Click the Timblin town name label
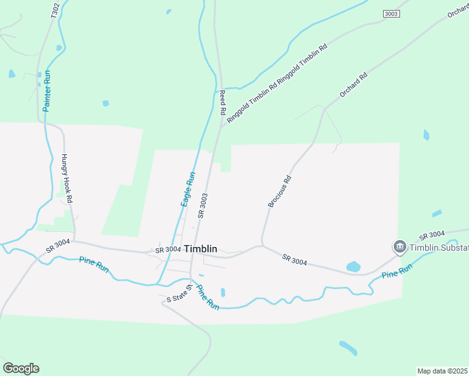pyautogui.click(x=200, y=249)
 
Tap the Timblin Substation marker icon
pyautogui.click(x=399, y=248)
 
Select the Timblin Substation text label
pyautogui.click(x=439, y=248)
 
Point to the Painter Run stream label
pyautogui.click(x=47, y=91)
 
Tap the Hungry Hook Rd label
pyautogui.click(x=67, y=179)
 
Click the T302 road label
pyautogui.click(x=55, y=10)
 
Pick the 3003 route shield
pyautogui.click(x=391, y=13)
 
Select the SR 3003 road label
pyautogui.click(x=202, y=205)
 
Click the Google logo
pyautogui.click(x=21, y=368)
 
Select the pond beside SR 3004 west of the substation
pyautogui.click(x=353, y=266)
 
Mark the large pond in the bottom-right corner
pyautogui.click(x=348, y=348)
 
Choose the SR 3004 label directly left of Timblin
pyautogui.click(x=168, y=251)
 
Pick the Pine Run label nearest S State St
pyautogui.click(x=208, y=298)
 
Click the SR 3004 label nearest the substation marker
pyautogui.click(x=432, y=236)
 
